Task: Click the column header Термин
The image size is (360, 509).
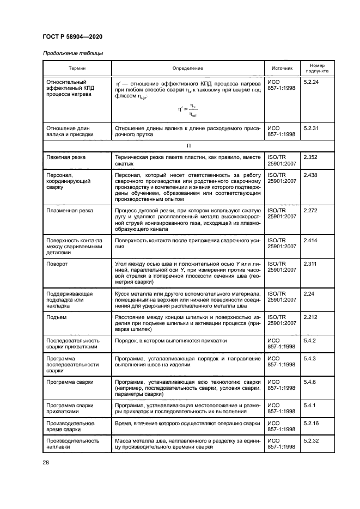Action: click(77, 68)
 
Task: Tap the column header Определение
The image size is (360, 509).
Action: click(187, 68)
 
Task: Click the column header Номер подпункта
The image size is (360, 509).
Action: click(316, 68)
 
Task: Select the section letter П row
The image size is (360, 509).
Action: click(188, 146)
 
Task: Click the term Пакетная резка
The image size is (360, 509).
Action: click(66, 157)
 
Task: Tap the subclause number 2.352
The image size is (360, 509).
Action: click(310, 157)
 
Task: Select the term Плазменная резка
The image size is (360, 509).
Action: click(70, 211)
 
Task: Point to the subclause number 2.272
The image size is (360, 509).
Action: click(310, 211)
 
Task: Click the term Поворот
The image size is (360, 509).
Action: click(57, 263)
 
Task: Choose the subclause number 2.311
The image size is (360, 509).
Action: click(310, 263)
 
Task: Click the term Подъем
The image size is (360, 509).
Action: click(57, 317)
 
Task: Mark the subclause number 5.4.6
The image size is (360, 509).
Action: click(309, 383)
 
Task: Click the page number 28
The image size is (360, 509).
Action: click(46, 463)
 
